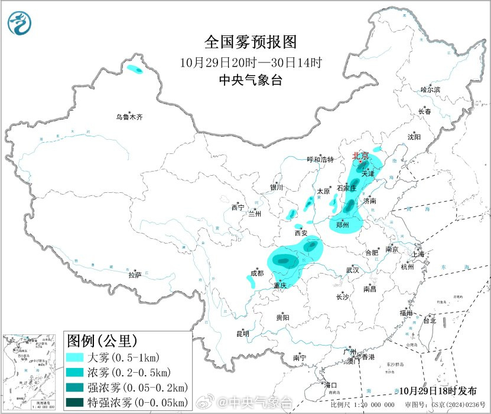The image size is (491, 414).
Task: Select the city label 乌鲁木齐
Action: coord(129,117)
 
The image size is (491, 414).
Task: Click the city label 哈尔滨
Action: coord(430,90)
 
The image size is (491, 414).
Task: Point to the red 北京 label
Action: coord(360,156)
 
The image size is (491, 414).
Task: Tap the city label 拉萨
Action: coord(135,275)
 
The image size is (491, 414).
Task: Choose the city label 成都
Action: coord(257,273)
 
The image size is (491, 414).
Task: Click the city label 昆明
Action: coord(243,334)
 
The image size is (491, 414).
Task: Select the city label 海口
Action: coord(331,385)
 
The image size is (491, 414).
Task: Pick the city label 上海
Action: coord(418,254)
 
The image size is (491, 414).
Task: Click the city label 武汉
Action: coord(353,270)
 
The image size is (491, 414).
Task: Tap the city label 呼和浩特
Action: coord(320,160)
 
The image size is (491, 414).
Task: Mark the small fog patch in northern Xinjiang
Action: coord(135,70)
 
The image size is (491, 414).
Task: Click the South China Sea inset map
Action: coord(31,371)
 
